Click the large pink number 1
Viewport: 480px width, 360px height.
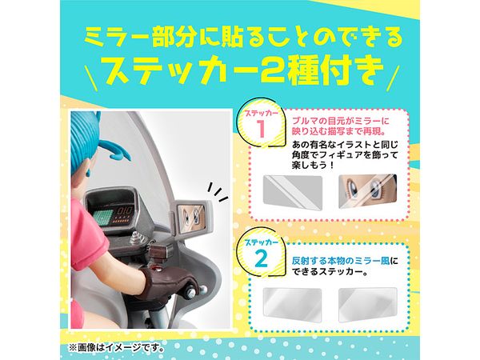(x=261, y=130)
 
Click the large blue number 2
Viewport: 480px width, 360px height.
(x=262, y=259)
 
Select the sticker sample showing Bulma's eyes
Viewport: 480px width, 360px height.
(x=367, y=192)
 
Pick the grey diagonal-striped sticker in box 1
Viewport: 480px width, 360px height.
(x=293, y=193)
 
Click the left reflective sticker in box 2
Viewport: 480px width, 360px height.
(x=292, y=305)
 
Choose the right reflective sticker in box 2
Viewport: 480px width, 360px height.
(x=368, y=305)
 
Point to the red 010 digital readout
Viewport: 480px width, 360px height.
(x=125, y=211)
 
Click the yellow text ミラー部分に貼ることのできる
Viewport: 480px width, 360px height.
(x=243, y=37)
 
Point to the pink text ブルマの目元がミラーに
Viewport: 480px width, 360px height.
(x=341, y=121)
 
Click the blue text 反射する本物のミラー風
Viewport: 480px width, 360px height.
(x=341, y=261)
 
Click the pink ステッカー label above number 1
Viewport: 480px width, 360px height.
(x=261, y=114)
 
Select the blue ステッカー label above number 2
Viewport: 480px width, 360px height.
(x=261, y=243)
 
